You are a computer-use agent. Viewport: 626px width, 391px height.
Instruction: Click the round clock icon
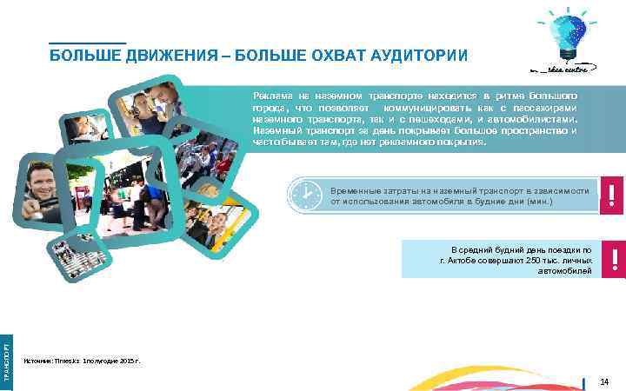(305, 195)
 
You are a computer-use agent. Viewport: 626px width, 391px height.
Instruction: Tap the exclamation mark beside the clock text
(612, 195)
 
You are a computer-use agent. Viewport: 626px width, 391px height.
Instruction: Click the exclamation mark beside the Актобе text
(612, 259)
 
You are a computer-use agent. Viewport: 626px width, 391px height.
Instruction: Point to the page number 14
(606, 381)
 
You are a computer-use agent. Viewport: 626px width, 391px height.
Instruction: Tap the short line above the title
(87, 42)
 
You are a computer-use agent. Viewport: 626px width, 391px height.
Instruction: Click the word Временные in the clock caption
(357, 189)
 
